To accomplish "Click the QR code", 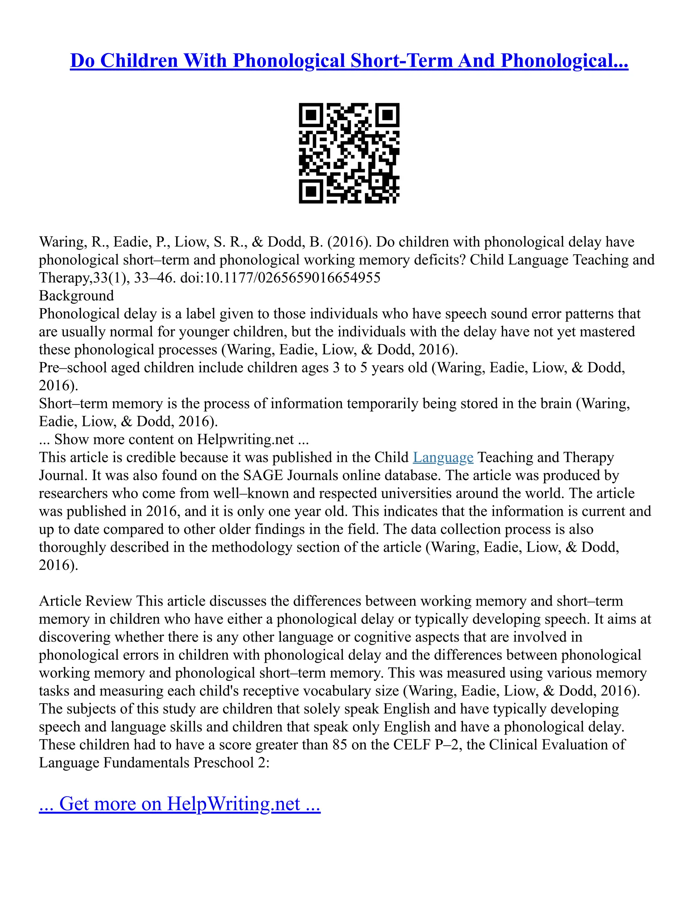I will [x=349, y=153].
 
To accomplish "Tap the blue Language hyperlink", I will [x=443, y=457].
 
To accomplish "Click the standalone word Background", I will [x=76, y=296].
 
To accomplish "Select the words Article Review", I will [x=85, y=601].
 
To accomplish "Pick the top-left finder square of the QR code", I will [x=311, y=115].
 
